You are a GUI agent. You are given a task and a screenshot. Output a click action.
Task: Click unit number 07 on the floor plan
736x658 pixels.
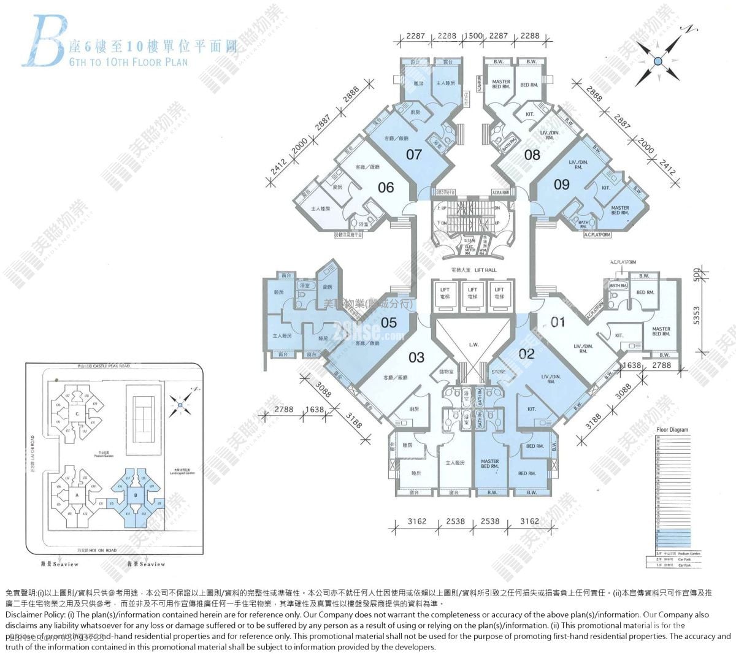415,155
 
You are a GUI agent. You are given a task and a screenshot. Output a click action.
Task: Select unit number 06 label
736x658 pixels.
386,186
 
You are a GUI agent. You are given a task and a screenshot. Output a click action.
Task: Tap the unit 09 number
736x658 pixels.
562,184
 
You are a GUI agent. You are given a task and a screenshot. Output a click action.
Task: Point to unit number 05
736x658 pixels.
389,323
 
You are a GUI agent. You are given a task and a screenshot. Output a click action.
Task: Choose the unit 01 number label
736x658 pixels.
558,322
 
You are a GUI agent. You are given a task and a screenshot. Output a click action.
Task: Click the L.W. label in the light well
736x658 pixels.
473,345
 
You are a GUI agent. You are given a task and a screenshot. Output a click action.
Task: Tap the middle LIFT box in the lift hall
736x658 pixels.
472,293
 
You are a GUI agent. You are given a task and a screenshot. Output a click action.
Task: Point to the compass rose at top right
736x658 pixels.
657,61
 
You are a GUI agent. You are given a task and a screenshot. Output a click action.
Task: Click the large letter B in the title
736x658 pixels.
43,42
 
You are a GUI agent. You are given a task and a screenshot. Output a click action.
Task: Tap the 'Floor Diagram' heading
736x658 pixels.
672,430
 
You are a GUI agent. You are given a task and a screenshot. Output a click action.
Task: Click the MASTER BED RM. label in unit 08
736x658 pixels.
501,85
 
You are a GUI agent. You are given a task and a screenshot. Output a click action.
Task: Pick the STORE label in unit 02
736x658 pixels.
499,372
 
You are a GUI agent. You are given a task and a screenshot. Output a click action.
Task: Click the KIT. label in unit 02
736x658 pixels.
531,409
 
